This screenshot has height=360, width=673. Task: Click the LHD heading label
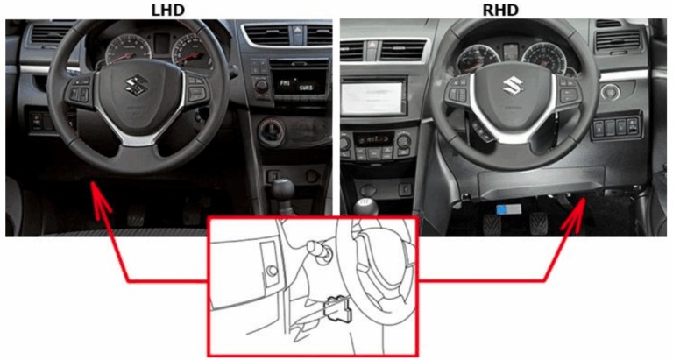click(x=168, y=9)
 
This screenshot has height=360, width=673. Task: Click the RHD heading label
click(x=500, y=9)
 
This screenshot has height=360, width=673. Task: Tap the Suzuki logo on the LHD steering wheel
click(x=137, y=85)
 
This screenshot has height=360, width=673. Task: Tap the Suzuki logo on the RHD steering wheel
click(x=513, y=86)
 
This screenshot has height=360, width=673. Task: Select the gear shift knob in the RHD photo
click(x=365, y=208)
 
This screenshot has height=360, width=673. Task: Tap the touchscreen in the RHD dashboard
click(x=372, y=97)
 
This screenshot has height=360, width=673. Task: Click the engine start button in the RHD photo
click(x=610, y=92)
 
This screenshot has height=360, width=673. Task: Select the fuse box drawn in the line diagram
click(x=337, y=308)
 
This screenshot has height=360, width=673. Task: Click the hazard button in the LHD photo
click(x=297, y=30)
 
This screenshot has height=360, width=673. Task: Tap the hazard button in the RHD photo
click(x=372, y=46)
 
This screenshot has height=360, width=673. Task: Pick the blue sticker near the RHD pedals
click(x=508, y=209)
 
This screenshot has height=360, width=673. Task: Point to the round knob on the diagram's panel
click(x=272, y=272)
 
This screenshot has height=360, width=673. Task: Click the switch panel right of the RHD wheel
click(x=616, y=127)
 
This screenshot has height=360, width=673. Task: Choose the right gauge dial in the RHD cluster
click(x=544, y=59)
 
